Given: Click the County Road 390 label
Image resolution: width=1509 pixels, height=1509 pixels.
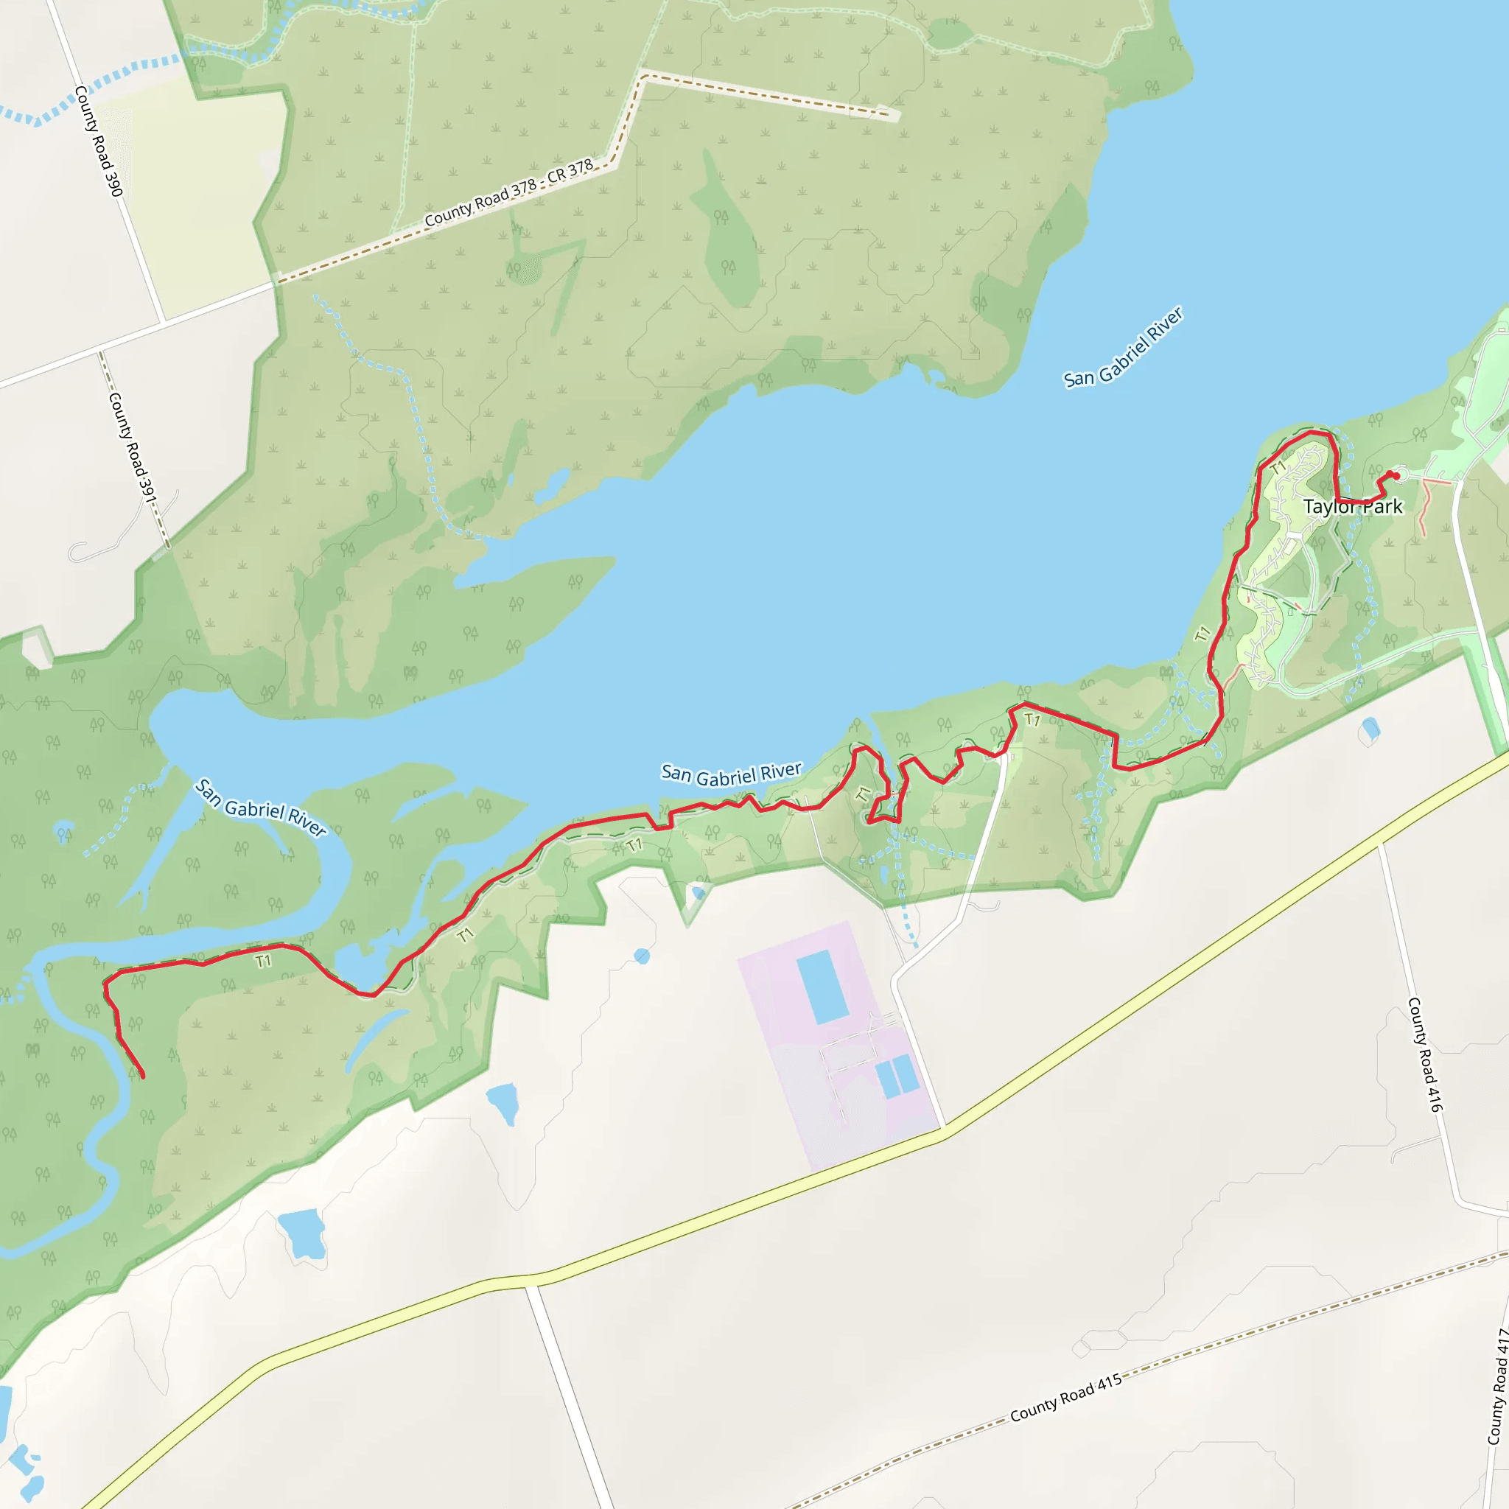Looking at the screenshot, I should click(99, 141).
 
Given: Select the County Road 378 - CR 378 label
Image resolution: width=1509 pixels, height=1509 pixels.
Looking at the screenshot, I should click(508, 193).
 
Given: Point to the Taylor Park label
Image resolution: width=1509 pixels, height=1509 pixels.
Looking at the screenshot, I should click(1353, 507).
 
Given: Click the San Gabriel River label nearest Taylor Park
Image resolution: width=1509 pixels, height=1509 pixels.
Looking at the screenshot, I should click(1123, 348).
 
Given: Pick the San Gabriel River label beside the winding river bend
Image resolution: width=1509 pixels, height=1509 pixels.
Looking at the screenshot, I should click(261, 808).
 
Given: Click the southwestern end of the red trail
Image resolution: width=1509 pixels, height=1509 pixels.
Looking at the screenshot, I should click(143, 1077).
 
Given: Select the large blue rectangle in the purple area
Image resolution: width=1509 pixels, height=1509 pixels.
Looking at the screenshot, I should click(822, 987).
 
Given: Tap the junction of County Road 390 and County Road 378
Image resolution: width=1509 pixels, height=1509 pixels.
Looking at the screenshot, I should click(162, 322).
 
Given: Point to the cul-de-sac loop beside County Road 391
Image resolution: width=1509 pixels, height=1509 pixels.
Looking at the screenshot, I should click(78, 553).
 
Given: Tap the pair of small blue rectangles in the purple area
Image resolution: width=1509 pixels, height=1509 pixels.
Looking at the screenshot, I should click(897, 1076).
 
